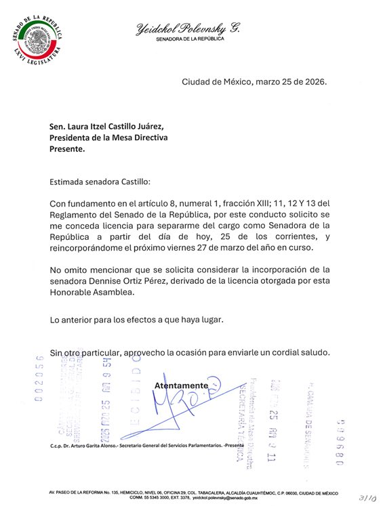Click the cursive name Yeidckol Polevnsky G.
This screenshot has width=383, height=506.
tap(188, 28)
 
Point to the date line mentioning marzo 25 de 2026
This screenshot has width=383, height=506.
tap(254, 82)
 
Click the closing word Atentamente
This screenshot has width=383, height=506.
tap(181, 385)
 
